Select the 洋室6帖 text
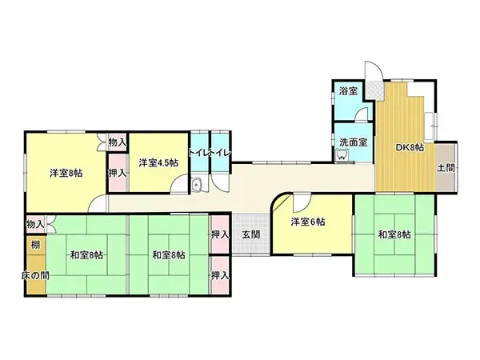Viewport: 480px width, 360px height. coord(307,222)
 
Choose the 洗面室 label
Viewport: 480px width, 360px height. coord(353,142)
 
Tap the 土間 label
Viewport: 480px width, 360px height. coord(446,168)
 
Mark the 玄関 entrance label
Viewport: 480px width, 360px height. coord(250,234)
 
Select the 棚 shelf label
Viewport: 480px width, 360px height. coord(35,244)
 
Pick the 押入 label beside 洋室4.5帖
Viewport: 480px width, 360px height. coord(117,172)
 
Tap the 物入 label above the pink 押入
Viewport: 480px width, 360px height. coord(117,142)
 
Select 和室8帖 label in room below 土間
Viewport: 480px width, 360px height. coord(394,234)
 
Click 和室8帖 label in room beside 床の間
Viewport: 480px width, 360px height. coord(86,255)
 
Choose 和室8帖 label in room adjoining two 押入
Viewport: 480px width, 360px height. coord(169,255)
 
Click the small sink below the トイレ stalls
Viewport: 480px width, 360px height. coord(197,186)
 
